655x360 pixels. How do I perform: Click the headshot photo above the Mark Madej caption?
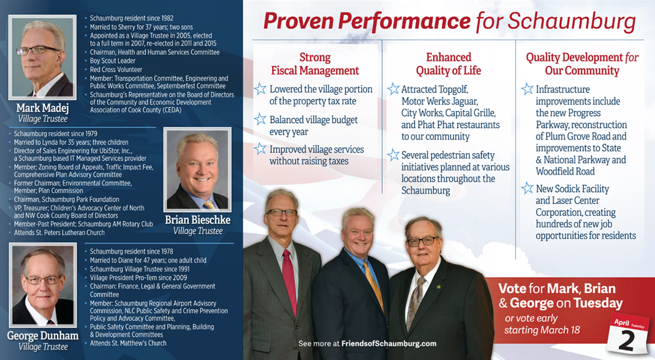click(42, 57)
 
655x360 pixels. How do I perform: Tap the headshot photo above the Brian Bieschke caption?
click(198, 169)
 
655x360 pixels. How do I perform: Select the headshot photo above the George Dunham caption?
click(43, 285)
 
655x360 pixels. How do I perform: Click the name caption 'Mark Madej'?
click(43, 108)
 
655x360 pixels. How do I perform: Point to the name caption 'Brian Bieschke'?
click(198, 219)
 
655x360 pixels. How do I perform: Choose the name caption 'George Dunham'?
click(43, 336)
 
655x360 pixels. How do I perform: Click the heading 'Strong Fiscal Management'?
click(315, 64)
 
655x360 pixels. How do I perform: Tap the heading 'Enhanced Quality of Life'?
click(448, 64)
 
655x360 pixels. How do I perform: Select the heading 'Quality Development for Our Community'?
click(582, 64)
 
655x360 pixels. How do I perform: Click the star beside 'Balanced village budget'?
click(260, 119)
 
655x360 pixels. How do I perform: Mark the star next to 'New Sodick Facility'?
click(527, 188)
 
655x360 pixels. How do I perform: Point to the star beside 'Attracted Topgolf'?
click(393, 88)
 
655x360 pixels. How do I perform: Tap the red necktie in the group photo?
click(289, 282)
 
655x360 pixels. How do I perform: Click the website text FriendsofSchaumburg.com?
click(389, 344)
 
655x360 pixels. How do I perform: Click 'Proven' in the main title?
click(298, 21)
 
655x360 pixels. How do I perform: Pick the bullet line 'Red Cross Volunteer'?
click(116, 70)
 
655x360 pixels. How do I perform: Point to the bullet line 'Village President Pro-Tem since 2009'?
click(138, 278)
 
